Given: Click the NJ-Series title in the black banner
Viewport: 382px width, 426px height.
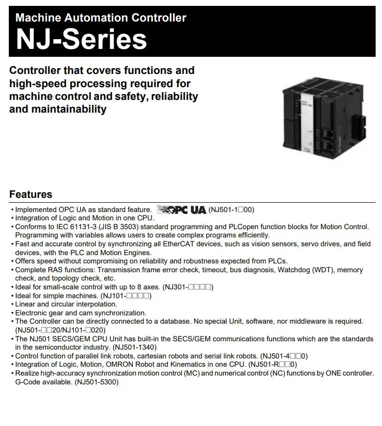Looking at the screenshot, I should click(x=81, y=39).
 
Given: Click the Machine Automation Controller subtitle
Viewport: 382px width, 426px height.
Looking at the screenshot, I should click(x=101, y=18).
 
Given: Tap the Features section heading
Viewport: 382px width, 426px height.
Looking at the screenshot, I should click(x=30, y=194).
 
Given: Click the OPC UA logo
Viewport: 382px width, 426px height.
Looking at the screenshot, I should click(x=181, y=210).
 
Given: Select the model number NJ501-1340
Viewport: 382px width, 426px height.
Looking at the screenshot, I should click(x=132, y=347).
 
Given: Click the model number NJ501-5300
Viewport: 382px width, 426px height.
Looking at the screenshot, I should click(x=96, y=382).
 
